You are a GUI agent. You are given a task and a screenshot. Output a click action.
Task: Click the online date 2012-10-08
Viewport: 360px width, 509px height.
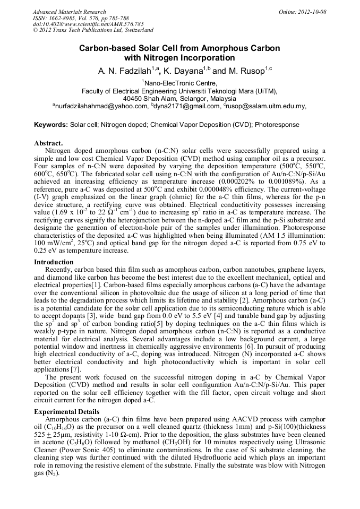(311, 12)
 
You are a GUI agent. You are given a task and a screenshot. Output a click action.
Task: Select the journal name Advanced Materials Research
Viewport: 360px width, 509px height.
(69, 12)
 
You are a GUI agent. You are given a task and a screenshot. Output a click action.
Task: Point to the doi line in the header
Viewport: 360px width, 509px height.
(88, 24)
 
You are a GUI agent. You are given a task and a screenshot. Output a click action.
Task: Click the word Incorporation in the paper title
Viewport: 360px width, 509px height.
(203, 58)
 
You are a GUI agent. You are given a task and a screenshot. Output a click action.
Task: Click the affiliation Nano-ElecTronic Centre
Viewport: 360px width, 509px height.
(180, 83)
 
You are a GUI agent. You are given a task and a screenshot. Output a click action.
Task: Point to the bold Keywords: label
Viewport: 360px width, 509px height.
(51, 125)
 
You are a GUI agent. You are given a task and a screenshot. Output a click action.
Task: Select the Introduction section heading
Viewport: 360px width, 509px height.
(54, 262)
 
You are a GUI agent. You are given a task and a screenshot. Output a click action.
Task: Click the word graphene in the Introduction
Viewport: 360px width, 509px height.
(277, 270)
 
